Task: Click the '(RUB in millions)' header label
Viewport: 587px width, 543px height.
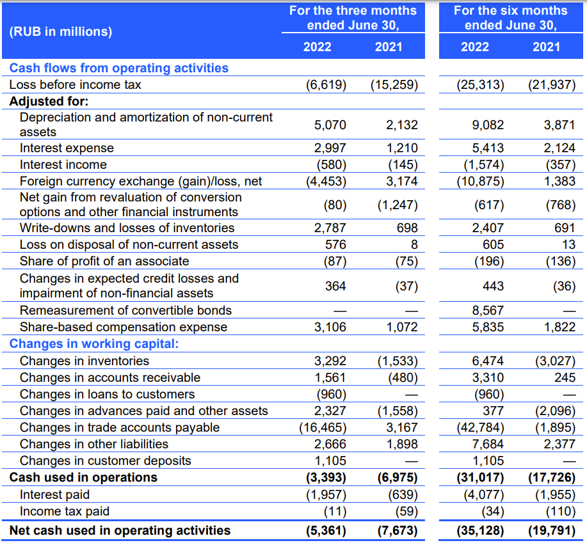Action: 61,31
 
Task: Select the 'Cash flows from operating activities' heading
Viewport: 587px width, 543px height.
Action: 118,68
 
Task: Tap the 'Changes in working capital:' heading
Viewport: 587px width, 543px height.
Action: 94,343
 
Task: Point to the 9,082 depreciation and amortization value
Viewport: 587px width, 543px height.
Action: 488,125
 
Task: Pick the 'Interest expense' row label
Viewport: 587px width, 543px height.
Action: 67,148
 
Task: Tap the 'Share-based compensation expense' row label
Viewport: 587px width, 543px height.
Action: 124,327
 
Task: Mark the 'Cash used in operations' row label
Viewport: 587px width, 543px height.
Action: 83,478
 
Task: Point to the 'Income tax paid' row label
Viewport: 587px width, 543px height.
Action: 65,511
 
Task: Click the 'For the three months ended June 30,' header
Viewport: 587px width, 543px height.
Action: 353,17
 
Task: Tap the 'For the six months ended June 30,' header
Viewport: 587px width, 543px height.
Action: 511,17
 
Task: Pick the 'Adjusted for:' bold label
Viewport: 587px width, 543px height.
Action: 49,101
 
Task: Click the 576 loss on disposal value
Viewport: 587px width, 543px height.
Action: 335,244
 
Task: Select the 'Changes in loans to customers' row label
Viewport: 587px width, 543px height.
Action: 107,394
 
